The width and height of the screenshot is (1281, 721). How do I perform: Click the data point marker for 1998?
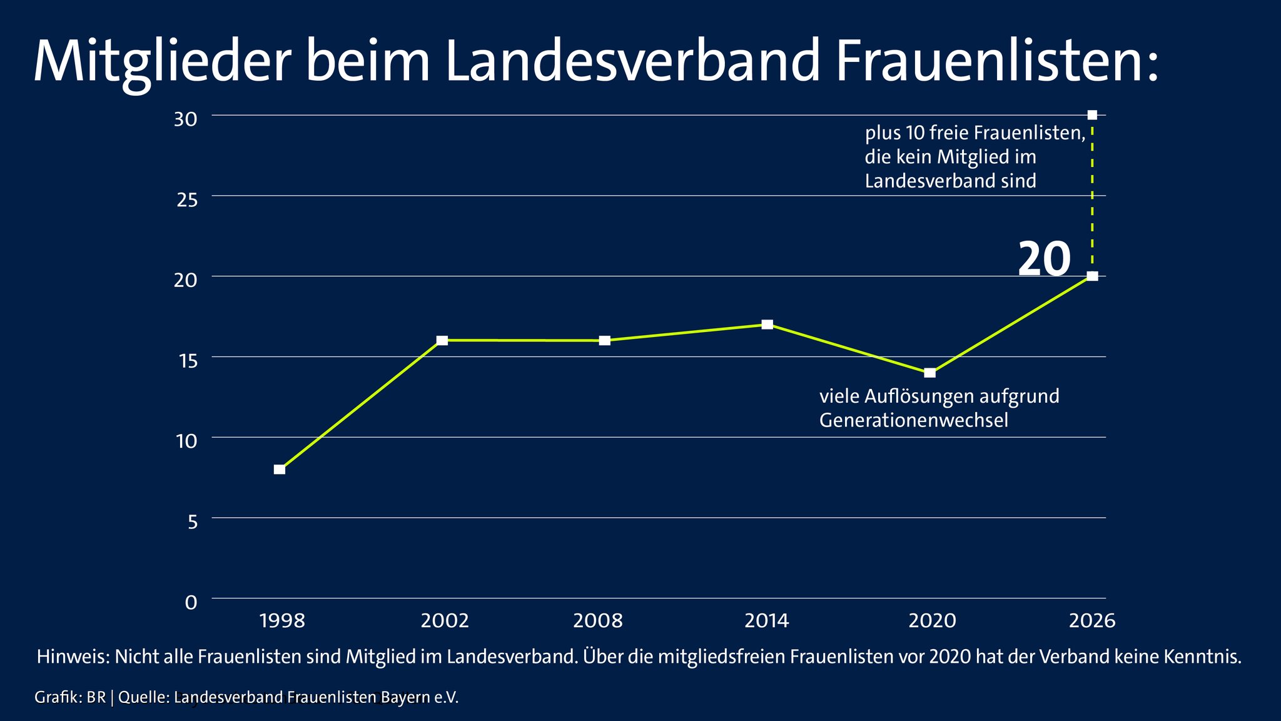click(x=280, y=470)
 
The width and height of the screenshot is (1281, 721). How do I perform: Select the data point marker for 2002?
click(x=442, y=341)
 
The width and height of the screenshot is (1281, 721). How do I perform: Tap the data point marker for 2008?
click(x=605, y=341)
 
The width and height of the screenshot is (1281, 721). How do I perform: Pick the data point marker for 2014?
click(x=767, y=325)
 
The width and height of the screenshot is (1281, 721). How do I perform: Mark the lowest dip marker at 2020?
click(x=930, y=373)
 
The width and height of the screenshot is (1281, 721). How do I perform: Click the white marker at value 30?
click(x=1092, y=115)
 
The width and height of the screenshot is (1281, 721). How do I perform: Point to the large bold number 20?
click(x=1044, y=259)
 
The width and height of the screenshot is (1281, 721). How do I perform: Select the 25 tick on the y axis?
click(x=187, y=200)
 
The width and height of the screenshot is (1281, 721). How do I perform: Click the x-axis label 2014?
click(x=767, y=621)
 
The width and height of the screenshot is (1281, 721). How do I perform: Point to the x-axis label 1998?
click(x=281, y=621)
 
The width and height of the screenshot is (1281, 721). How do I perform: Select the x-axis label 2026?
click(x=1092, y=621)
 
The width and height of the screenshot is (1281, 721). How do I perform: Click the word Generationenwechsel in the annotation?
click(x=913, y=420)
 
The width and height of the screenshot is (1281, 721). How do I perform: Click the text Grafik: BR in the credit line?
click(x=70, y=697)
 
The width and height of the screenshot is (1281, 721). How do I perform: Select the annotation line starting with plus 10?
click(x=975, y=133)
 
